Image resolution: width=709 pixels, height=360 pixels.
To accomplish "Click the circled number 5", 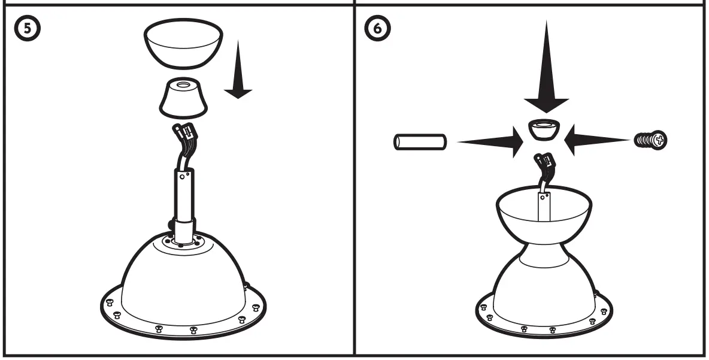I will (x=23, y=28).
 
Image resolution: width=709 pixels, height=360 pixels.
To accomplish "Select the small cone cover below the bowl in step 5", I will (x=183, y=100).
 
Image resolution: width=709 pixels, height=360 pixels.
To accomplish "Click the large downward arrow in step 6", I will (x=546, y=72).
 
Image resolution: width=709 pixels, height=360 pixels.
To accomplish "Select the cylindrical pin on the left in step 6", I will (x=420, y=143).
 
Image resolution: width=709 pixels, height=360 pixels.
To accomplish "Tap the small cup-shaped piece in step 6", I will (x=544, y=130).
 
